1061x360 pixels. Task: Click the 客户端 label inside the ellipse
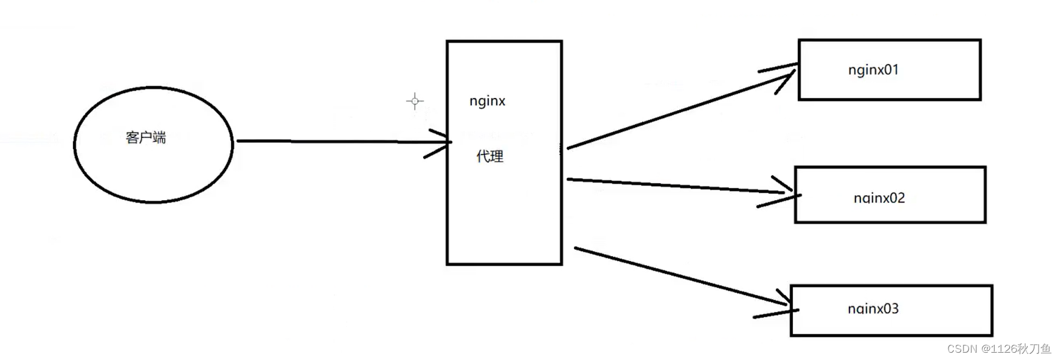tap(145, 138)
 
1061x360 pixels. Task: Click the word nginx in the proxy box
tap(487, 101)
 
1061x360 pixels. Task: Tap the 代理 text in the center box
tap(489, 157)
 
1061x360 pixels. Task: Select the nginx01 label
tap(873, 70)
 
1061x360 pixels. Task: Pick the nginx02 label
tap(879, 198)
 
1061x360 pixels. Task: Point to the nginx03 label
tap(873, 309)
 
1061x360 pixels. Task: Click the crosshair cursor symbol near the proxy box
tap(415, 101)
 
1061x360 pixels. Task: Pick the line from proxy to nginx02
tap(669, 185)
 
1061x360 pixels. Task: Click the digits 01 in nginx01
tap(891, 70)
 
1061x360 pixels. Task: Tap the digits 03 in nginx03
tap(891, 309)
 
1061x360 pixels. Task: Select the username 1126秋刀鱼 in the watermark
tap(1021, 349)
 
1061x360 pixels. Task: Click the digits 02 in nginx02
tap(897, 198)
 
